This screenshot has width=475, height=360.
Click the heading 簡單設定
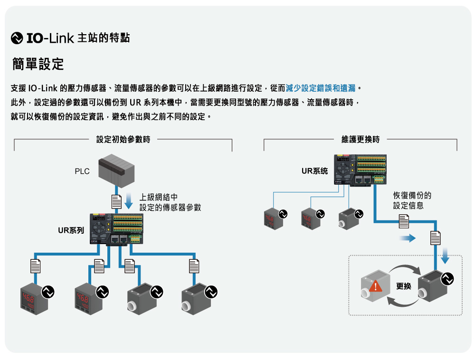click(x=38, y=64)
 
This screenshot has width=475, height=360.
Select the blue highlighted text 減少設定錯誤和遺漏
click(x=322, y=88)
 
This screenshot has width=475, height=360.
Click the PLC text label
click(x=82, y=171)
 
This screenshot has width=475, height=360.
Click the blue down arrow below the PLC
click(x=129, y=200)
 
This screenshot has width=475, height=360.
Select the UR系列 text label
click(x=71, y=231)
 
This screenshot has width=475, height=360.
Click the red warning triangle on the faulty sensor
click(x=375, y=286)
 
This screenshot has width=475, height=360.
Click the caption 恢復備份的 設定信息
click(x=412, y=200)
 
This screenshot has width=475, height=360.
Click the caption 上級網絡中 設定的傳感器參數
click(x=170, y=202)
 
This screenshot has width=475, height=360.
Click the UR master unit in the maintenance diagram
click(x=361, y=170)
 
